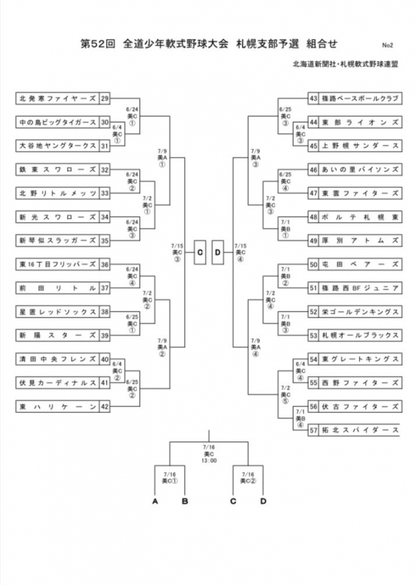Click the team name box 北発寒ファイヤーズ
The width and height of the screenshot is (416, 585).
coord(57,99)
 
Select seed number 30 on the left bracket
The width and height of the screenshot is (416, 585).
coord(105,122)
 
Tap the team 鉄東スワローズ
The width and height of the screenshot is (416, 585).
coord(57,169)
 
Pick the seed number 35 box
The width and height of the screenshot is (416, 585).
coord(105,240)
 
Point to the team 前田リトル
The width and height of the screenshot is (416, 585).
coord(57,288)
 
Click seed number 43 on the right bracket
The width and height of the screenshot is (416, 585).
coord(313,99)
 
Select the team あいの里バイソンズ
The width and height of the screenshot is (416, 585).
coord(359,169)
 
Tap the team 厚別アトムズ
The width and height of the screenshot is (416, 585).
coord(359,240)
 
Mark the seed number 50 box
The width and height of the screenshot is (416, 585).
coord(313,264)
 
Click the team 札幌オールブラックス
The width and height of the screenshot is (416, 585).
coord(359,335)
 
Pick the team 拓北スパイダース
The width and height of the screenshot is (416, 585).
coord(359,430)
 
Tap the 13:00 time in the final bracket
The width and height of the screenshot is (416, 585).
coord(209,460)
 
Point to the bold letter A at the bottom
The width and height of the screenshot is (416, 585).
coord(155,501)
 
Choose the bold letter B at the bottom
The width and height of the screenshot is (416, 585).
coord(185,501)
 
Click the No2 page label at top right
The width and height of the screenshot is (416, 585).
coord(387,45)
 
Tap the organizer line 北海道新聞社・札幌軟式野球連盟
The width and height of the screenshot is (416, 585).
coord(345,64)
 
